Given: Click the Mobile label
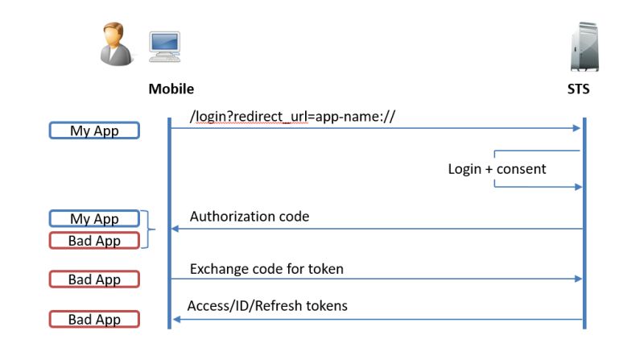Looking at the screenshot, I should pos(171,89).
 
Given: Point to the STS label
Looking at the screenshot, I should pos(578,89).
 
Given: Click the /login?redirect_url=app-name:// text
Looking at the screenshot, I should pos(292,117).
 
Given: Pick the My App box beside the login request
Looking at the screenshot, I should pos(94,130).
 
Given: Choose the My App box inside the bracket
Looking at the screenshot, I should pos(94,219).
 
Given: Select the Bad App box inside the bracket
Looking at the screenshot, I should pos(94,240).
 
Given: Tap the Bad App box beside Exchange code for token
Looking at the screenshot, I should pos(94,279).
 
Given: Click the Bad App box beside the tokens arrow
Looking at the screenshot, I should pos(94,319).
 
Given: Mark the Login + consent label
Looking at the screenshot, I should pos(497,169).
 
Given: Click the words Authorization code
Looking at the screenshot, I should pos(250,217).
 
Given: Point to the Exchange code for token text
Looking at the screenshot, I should pos(266,268).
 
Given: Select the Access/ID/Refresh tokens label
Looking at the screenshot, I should pos(267,306).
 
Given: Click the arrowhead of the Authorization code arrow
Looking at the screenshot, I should pos(174,229).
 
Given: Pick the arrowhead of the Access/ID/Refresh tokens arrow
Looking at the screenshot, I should pos(174,319).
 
